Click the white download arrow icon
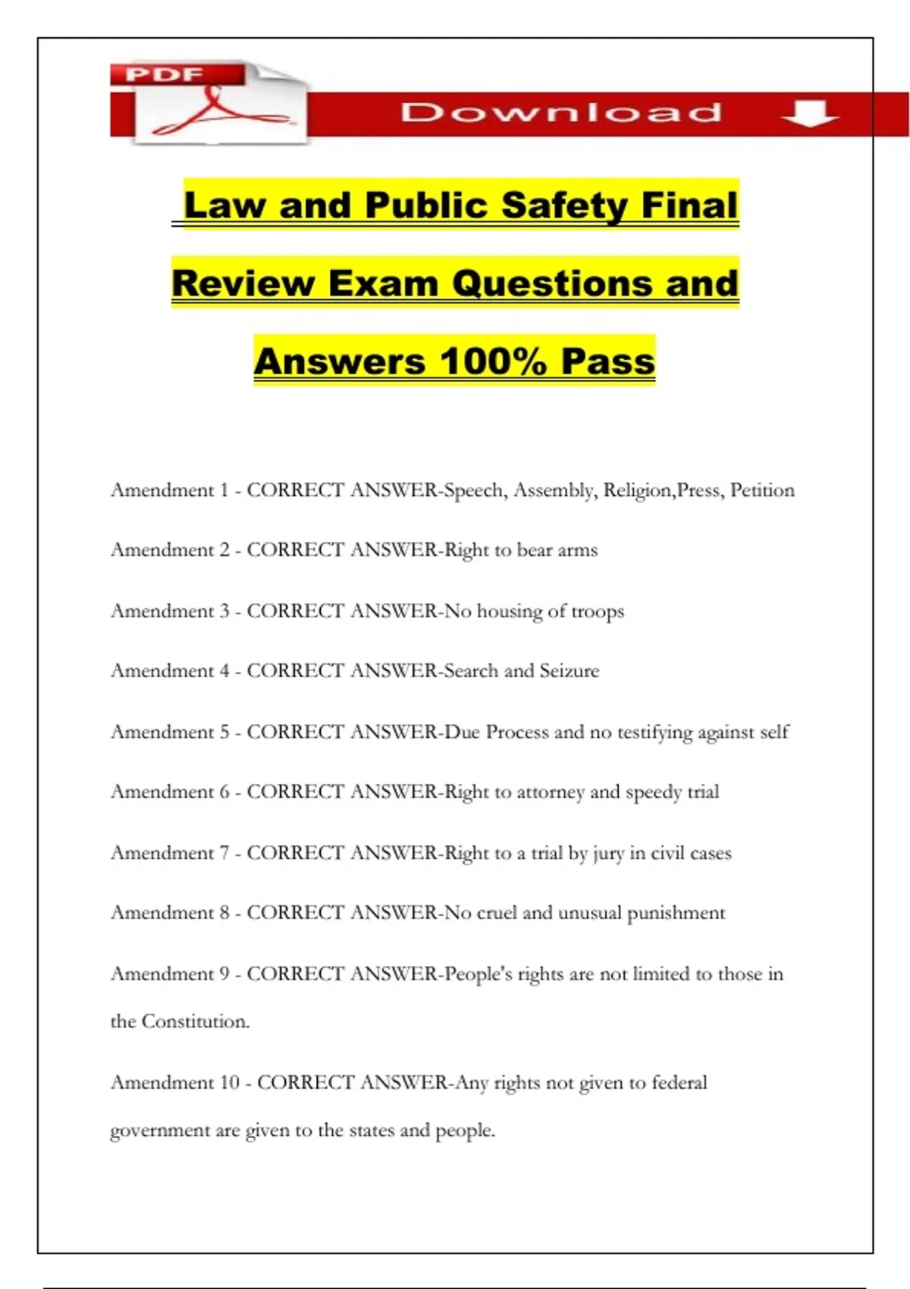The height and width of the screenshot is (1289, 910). [x=809, y=113]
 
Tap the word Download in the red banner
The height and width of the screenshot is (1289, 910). [x=561, y=113]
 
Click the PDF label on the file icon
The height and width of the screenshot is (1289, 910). [x=165, y=74]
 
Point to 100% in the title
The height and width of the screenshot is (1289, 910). [x=492, y=361]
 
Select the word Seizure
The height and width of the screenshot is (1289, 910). [x=569, y=671]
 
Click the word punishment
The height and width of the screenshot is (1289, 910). [x=676, y=913]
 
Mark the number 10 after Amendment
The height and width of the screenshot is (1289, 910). [x=229, y=1083]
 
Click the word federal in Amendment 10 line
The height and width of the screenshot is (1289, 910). [x=679, y=1083]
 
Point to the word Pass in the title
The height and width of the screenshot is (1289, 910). [x=607, y=361]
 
